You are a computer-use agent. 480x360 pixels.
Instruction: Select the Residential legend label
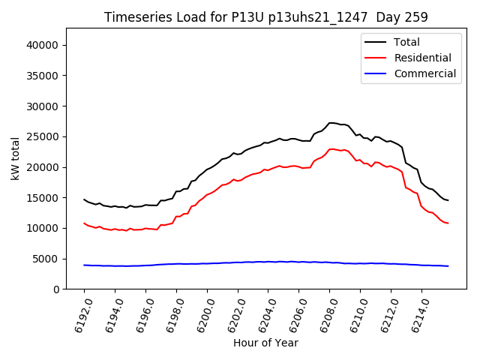tap(423, 58)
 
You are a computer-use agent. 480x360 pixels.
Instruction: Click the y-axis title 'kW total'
tap(15, 159)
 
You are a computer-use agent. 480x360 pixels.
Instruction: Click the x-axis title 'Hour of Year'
tap(265, 343)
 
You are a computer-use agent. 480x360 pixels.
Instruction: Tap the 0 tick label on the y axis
tap(56, 289)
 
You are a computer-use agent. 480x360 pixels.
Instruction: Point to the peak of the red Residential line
tap(331, 149)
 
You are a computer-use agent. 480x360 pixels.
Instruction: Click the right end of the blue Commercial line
tap(448, 266)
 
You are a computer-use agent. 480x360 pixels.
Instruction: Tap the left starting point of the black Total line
tap(84, 199)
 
